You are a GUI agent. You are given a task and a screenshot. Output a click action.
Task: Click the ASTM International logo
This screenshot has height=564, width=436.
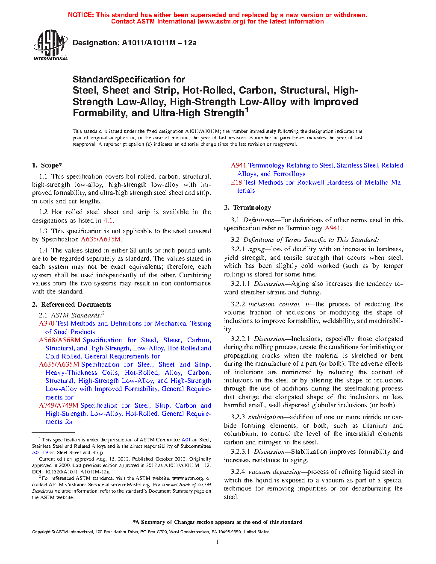tap(50, 45)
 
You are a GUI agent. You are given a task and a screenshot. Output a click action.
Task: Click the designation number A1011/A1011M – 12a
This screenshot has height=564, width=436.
tap(159, 43)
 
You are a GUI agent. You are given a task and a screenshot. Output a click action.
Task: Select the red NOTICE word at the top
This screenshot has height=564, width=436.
tap(81, 15)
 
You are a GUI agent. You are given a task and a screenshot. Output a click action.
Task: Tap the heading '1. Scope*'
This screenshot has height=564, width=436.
tap(47, 165)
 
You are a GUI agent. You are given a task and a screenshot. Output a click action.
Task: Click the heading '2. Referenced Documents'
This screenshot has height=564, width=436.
tap(72, 305)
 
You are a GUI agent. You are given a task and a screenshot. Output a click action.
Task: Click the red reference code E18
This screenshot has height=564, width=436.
tap(236, 182)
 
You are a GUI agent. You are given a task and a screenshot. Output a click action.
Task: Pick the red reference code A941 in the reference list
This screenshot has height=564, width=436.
tap(239, 165)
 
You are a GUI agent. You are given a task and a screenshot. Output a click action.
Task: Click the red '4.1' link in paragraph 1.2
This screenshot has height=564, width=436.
tap(108, 220)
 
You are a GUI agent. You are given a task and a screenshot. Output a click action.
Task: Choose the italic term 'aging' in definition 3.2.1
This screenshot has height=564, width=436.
tap(256, 249)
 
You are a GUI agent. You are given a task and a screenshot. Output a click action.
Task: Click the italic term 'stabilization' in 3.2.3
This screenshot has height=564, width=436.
tap(266, 417)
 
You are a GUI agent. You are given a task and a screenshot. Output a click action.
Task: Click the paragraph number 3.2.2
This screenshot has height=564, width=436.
tap(238, 304)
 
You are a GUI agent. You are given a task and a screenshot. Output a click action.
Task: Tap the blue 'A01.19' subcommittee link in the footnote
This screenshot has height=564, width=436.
tap(40, 452)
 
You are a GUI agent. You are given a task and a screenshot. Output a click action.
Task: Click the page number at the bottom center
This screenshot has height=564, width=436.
tap(218, 542)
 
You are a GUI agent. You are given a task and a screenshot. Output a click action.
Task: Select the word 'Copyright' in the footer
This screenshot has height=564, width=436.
tap(41, 532)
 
